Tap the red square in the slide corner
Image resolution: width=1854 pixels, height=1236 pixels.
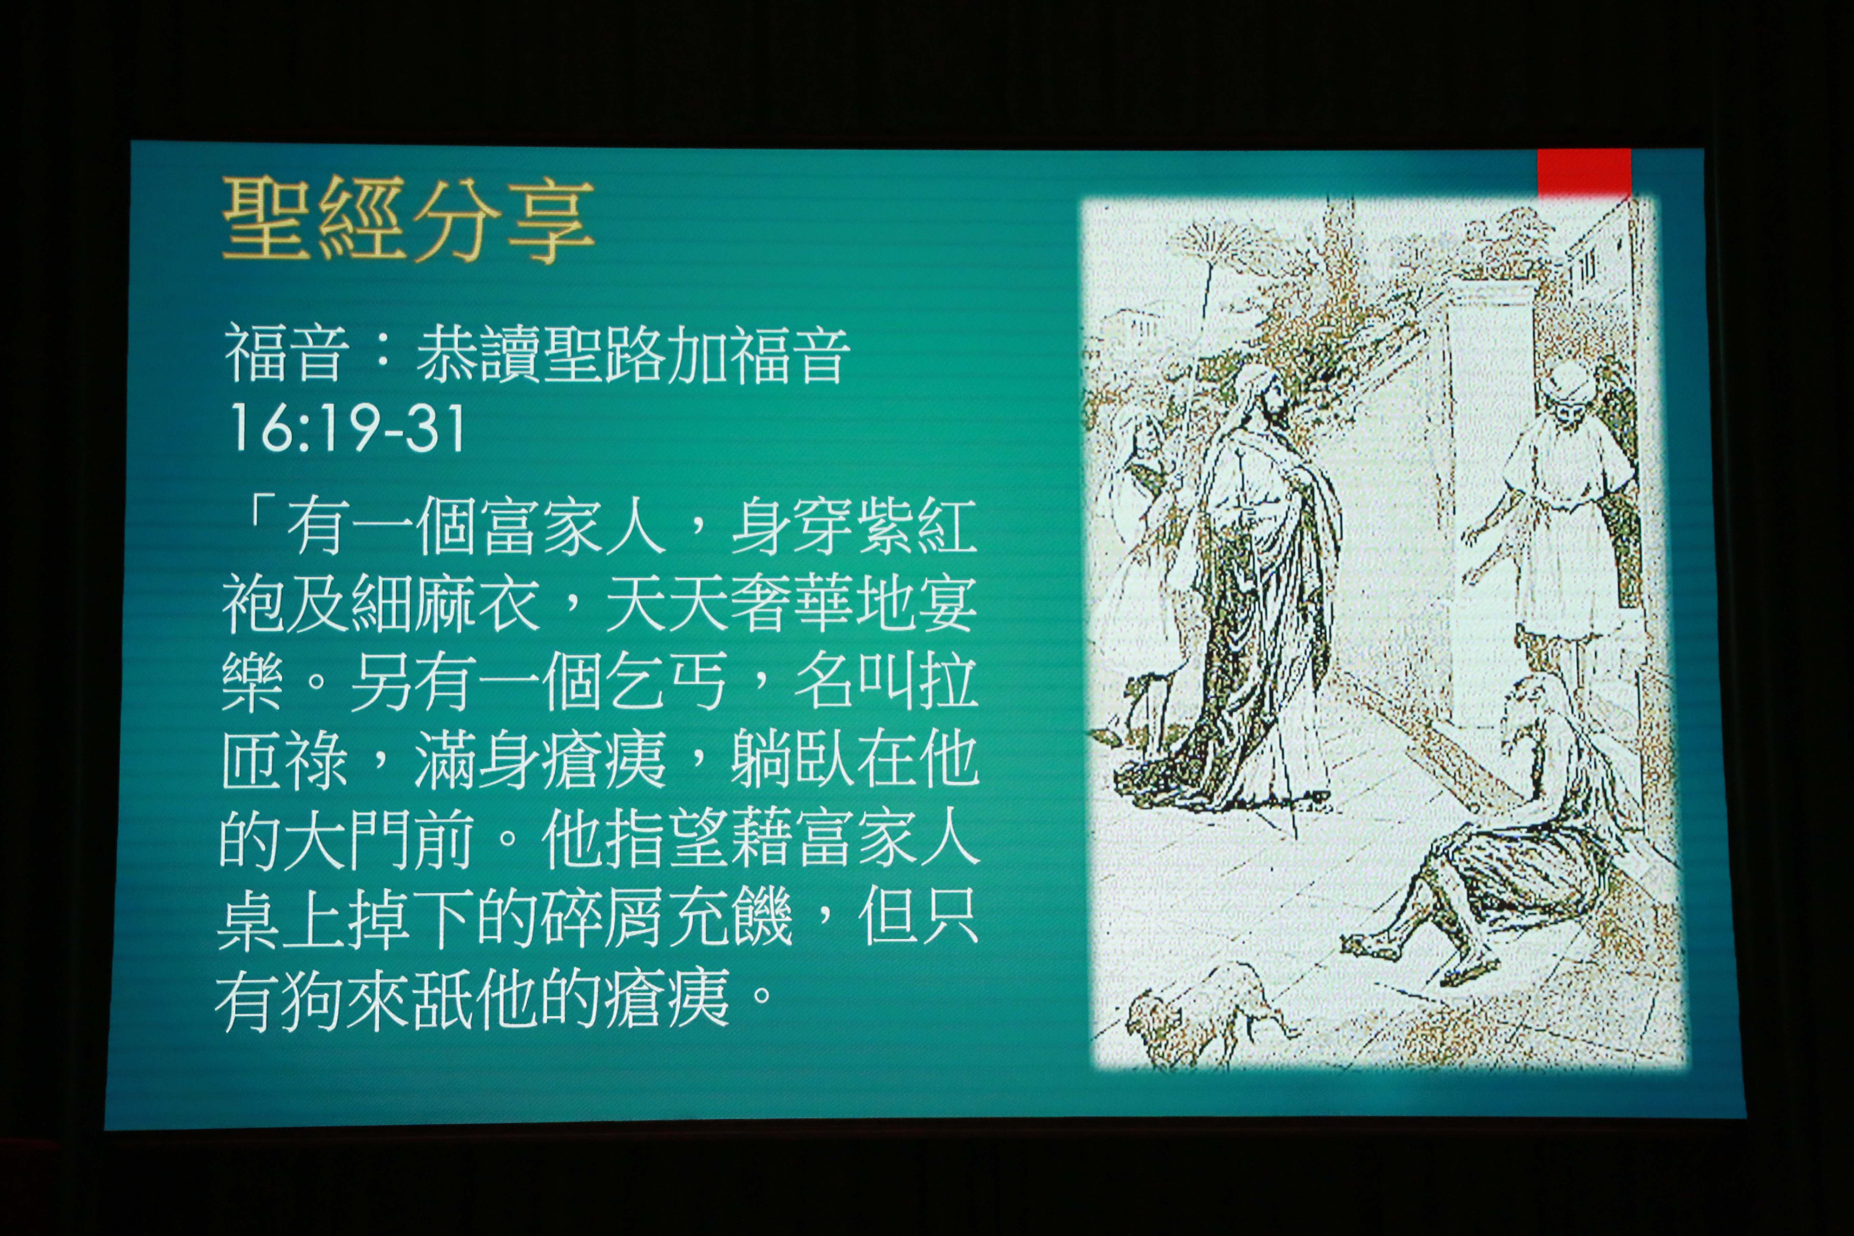[1584, 173]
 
